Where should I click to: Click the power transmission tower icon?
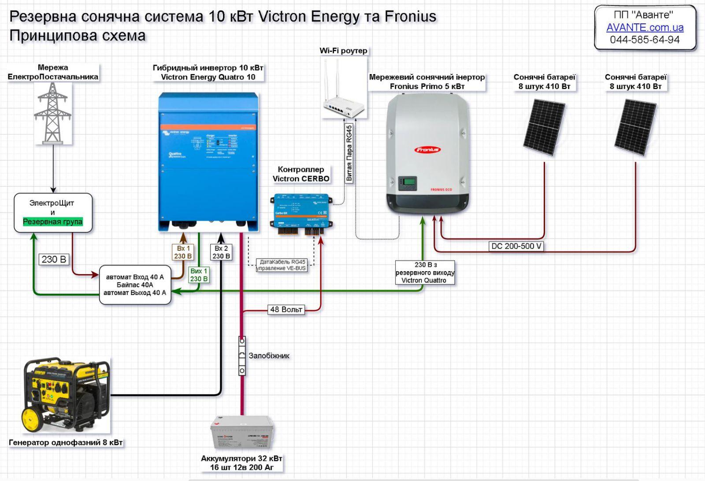[53, 113]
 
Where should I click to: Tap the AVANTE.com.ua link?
[645, 27]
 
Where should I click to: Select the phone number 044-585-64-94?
[645, 40]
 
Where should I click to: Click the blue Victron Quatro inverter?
[208, 161]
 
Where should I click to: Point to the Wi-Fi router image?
[344, 95]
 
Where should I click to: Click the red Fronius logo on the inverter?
[427, 150]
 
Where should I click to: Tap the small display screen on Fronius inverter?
[407, 183]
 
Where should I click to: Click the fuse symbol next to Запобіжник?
[242, 356]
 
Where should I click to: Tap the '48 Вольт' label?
[286, 309]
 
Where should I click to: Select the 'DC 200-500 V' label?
[516, 246]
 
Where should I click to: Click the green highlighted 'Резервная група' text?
[53, 222]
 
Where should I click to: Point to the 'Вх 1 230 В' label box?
[183, 252]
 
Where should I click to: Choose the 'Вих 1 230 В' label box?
[199, 275]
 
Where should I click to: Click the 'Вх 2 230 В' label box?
[221, 252]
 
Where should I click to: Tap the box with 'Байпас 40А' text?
[135, 285]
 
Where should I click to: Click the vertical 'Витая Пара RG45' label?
[349, 153]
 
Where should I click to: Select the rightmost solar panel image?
[635, 127]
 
